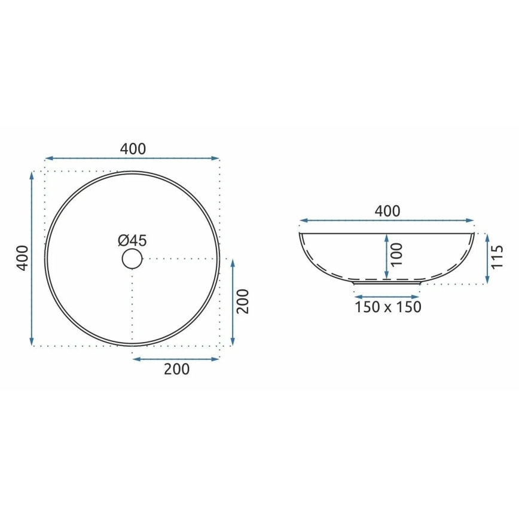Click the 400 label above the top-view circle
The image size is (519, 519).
[x=133, y=149]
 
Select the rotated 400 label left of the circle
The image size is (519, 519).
[x=22, y=258]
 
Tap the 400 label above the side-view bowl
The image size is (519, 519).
[x=387, y=211]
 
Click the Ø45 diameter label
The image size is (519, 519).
[x=132, y=241]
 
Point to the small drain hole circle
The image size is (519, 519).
[x=132, y=259]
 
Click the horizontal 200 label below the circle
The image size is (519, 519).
[x=176, y=369]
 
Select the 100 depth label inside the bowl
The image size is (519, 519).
[x=396, y=255]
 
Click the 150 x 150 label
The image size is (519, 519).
[x=387, y=307]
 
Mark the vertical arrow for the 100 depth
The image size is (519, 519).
[x=386, y=256]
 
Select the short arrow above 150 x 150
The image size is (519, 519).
[x=387, y=297]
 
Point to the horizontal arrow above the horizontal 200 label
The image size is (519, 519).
[x=176, y=359]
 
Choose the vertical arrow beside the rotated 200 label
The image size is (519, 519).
[x=232, y=303]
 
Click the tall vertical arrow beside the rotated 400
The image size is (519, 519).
[x=32, y=258]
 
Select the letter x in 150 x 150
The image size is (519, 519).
[x=387, y=308]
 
